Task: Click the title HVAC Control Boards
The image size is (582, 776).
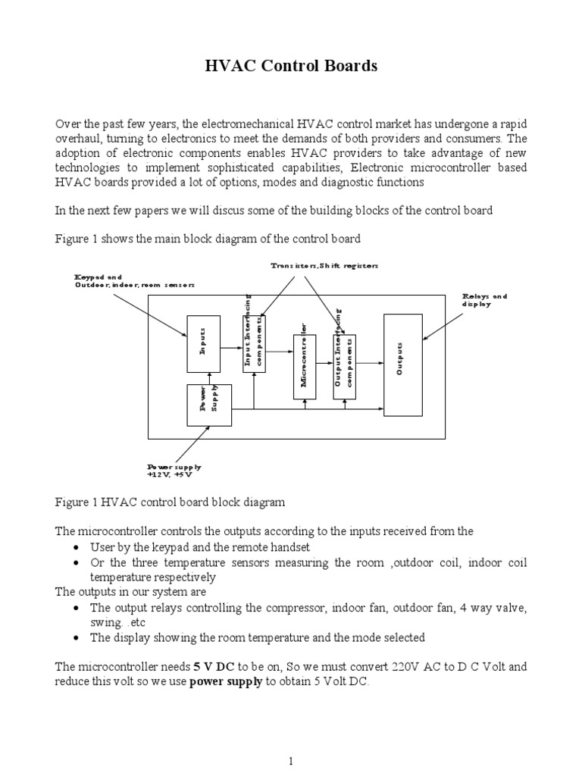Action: (291, 67)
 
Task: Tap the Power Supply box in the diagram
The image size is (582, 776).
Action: (209, 405)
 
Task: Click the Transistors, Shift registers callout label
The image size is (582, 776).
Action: (324, 265)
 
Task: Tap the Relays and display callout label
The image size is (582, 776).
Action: (484, 299)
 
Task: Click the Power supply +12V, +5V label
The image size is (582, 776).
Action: (174, 471)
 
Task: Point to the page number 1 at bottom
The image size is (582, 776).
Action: (291, 740)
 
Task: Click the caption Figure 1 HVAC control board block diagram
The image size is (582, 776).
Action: (170, 503)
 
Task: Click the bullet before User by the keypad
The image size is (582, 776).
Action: (79, 546)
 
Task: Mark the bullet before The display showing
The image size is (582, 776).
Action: (79, 638)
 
